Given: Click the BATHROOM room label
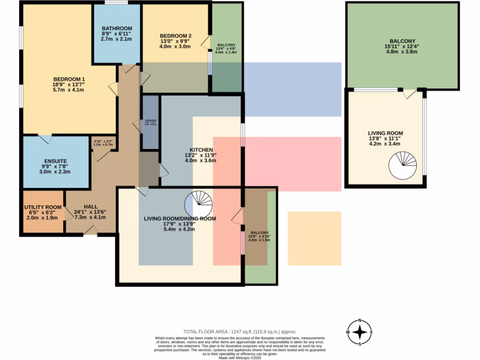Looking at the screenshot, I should (x=116, y=28).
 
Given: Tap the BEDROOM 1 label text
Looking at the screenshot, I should (x=69, y=78).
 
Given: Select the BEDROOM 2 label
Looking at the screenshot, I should (x=175, y=36).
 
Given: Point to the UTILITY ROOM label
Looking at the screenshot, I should (x=43, y=207).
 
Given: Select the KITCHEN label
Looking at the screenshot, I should (x=200, y=149).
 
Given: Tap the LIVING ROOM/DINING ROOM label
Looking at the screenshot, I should (x=180, y=218).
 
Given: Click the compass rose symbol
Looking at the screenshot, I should (x=360, y=332).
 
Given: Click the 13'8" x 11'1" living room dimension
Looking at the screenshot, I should (x=385, y=139).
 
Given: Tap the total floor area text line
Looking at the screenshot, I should (x=240, y=331).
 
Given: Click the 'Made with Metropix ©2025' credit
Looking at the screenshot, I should (x=240, y=358).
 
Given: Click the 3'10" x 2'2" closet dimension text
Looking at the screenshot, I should (x=103, y=142).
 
